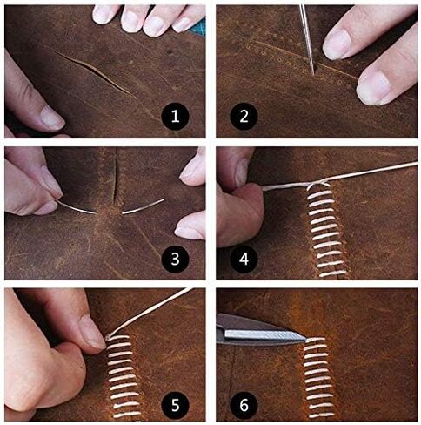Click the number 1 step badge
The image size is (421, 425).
[175, 117]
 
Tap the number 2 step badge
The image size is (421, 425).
[244, 117]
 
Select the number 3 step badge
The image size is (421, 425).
[175, 259]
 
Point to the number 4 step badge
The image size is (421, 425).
[244, 259]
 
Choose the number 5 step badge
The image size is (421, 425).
[175, 404]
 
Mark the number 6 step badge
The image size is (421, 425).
[244, 404]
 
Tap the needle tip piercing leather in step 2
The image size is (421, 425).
[313, 73]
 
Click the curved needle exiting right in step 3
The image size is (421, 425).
[142, 206]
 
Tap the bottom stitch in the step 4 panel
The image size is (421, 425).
[332, 273]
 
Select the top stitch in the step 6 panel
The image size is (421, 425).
[316, 340]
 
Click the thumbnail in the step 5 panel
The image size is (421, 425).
[92, 333]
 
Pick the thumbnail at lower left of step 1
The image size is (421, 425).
[51, 118]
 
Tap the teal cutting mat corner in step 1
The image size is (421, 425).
[200, 28]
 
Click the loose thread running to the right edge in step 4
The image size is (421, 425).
[373, 172]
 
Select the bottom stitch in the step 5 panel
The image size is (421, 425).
[127, 415]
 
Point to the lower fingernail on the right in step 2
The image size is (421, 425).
[372, 87]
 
